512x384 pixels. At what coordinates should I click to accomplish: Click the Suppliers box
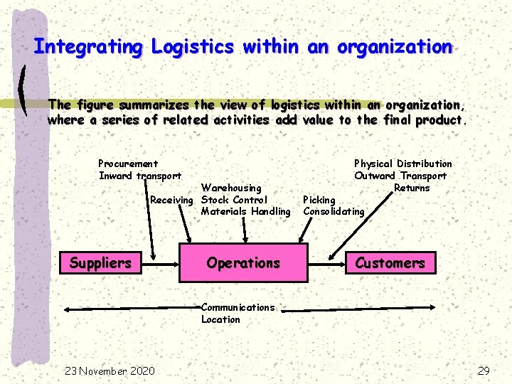tap(100, 263)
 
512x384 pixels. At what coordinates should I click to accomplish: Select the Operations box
tap(243, 263)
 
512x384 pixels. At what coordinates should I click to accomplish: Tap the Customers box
tap(390, 263)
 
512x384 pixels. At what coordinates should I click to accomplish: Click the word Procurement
tap(128, 164)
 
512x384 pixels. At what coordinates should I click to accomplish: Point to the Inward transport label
tap(139, 176)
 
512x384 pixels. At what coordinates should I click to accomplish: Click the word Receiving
tap(171, 200)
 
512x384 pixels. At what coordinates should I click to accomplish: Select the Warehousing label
tap(231, 188)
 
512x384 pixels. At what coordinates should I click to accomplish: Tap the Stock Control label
tap(234, 200)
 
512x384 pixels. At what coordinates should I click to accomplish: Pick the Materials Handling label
tap(245, 211)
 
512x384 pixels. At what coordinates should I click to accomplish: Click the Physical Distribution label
tap(402, 164)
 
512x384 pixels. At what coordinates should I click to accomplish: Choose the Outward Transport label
tap(400, 176)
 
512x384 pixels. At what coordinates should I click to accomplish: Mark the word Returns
tap(412, 188)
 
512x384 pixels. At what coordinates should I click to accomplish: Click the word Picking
tap(319, 200)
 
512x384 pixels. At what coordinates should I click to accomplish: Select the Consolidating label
tap(334, 211)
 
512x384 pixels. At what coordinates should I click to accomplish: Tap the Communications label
tap(238, 307)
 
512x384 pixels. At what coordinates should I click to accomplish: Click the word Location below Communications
tap(220, 319)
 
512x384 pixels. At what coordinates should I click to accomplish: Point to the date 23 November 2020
tap(110, 370)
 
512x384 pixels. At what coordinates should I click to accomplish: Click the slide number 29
tap(484, 370)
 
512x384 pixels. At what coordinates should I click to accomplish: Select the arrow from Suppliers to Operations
tap(160, 263)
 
